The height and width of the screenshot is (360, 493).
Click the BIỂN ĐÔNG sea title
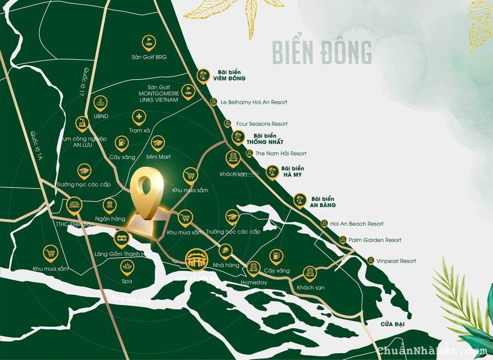point(321,52)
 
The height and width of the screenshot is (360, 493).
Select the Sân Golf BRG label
point(149,57)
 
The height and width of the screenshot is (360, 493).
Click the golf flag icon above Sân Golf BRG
point(149,41)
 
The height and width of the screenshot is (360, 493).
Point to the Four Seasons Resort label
point(261,124)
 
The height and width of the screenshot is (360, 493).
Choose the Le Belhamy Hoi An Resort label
point(254,102)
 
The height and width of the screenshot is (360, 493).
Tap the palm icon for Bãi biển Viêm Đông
point(203,75)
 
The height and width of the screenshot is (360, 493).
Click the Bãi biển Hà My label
point(293,172)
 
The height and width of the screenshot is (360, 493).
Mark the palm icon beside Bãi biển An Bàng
point(300,200)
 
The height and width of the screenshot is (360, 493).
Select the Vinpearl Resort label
point(396,261)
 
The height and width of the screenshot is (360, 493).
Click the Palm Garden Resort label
point(374,240)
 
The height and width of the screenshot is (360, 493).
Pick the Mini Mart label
point(158,157)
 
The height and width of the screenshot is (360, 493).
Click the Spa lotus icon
point(127,267)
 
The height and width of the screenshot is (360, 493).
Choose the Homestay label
point(254,282)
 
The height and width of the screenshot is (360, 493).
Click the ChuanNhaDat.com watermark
point(432,351)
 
